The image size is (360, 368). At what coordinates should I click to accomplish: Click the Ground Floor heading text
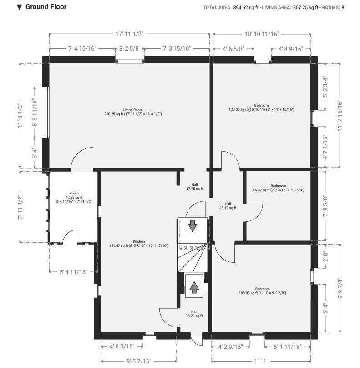pos(46,7)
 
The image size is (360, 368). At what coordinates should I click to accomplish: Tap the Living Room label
pos(133,110)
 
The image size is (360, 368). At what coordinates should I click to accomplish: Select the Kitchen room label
pos(139,241)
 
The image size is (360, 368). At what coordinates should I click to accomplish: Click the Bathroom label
pos(279,186)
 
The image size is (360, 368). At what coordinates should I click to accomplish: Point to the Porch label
pos(74,194)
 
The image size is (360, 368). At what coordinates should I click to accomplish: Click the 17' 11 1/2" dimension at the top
pos(129,34)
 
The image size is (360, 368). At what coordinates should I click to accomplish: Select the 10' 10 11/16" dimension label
pos(262,34)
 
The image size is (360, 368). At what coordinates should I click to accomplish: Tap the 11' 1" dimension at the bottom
pos(261,361)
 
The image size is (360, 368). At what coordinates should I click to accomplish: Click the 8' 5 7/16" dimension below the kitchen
pos(139,361)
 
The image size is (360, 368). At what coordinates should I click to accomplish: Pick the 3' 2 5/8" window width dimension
pos(130,49)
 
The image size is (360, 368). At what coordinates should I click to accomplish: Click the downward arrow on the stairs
pos(193,226)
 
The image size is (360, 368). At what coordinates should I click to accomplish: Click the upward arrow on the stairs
pos(194,287)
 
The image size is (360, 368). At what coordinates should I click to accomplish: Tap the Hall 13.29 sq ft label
pos(194,314)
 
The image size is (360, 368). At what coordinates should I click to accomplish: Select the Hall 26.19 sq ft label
pos(228,206)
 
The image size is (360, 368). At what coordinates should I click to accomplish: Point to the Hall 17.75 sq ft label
pos(195,187)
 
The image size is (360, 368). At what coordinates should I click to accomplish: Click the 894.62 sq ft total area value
pos(246,7)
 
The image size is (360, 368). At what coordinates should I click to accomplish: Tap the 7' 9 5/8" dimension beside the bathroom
pos(325,206)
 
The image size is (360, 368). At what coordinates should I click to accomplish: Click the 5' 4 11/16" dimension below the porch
pos(74,272)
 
